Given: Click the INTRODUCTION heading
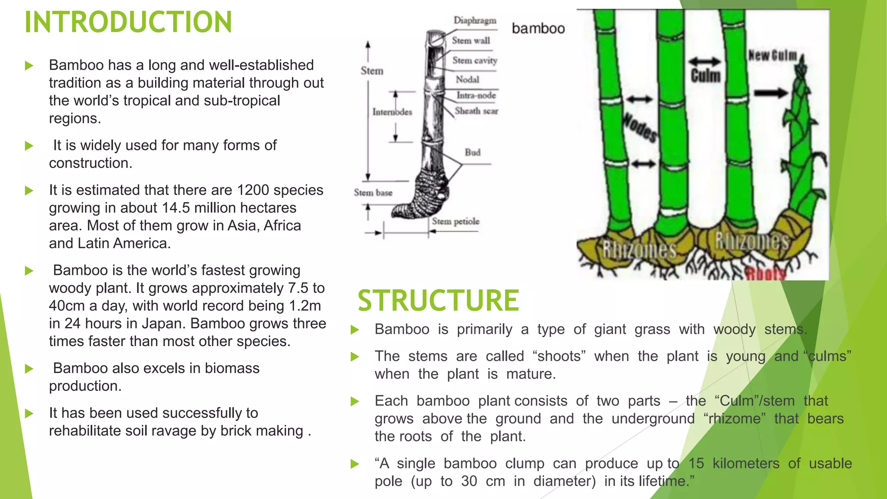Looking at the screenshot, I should [128, 23].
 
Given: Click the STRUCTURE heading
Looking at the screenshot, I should [438, 301].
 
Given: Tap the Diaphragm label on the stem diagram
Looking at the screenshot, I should [475, 20].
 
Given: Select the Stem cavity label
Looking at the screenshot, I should [475, 60].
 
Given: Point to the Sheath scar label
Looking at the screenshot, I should [476, 111].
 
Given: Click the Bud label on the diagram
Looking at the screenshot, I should [473, 152].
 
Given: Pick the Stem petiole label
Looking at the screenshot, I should [455, 221].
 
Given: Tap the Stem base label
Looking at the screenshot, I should [373, 192].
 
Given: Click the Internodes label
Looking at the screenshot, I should [392, 112].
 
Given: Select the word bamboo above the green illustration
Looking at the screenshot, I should [538, 29].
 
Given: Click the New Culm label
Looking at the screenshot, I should [773, 55].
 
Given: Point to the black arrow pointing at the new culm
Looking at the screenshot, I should [770, 93].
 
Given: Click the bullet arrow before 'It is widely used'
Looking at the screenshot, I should [29, 146].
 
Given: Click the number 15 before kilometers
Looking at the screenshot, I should [696, 463].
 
